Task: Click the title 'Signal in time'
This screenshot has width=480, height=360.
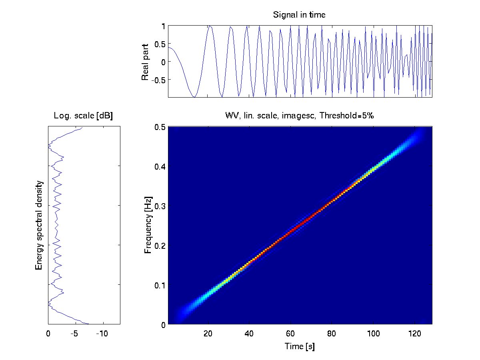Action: coord(299,15)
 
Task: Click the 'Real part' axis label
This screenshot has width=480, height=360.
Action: coord(145,62)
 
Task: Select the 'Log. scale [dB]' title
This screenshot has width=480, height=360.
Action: coord(83,116)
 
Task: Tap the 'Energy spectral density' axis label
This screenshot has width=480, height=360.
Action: coord(39,225)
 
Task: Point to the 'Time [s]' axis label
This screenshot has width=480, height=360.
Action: coord(300,346)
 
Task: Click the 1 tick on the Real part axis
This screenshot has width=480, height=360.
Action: coord(163,26)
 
